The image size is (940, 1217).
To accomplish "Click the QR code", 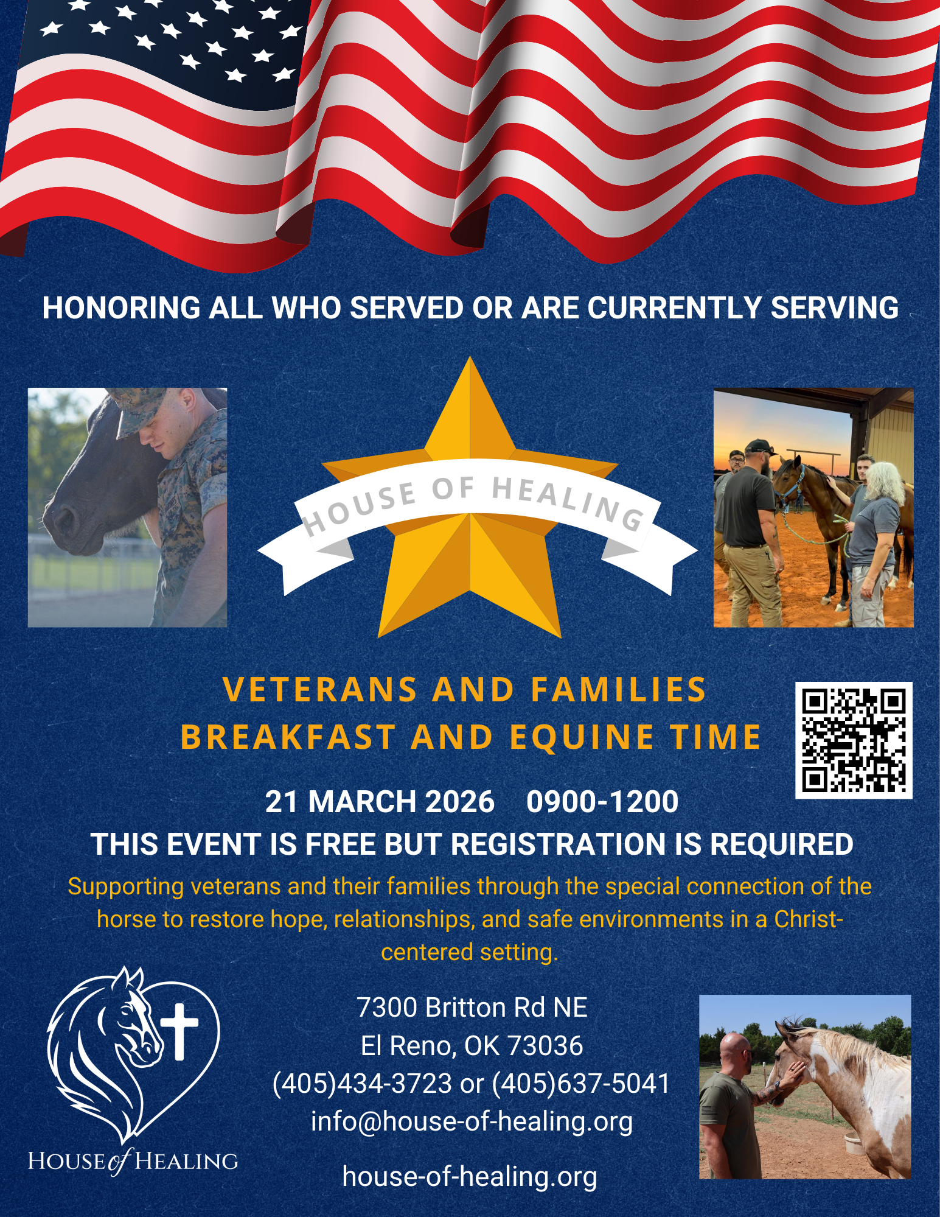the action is click(x=854, y=740).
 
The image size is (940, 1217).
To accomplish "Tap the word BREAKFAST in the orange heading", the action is click(x=288, y=737).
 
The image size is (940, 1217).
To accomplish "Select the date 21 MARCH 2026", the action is click(x=380, y=801).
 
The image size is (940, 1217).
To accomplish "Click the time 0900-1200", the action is click(x=602, y=801).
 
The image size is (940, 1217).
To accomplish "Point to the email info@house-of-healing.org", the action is click(x=472, y=1121).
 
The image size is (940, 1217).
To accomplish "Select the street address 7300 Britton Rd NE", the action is click(x=472, y=1007).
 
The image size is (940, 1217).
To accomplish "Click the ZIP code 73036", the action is click(x=545, y=1045).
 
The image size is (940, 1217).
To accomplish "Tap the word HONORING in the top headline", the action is click(x=122, y=307).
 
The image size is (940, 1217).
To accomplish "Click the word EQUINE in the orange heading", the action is click(x=582, y=737).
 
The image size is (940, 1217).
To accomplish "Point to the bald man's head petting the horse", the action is click(x=737, y=1052).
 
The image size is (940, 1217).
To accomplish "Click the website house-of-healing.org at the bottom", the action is click(x=470, y=1176).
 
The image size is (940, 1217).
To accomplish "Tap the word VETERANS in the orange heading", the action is click(x=320, y=690).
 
